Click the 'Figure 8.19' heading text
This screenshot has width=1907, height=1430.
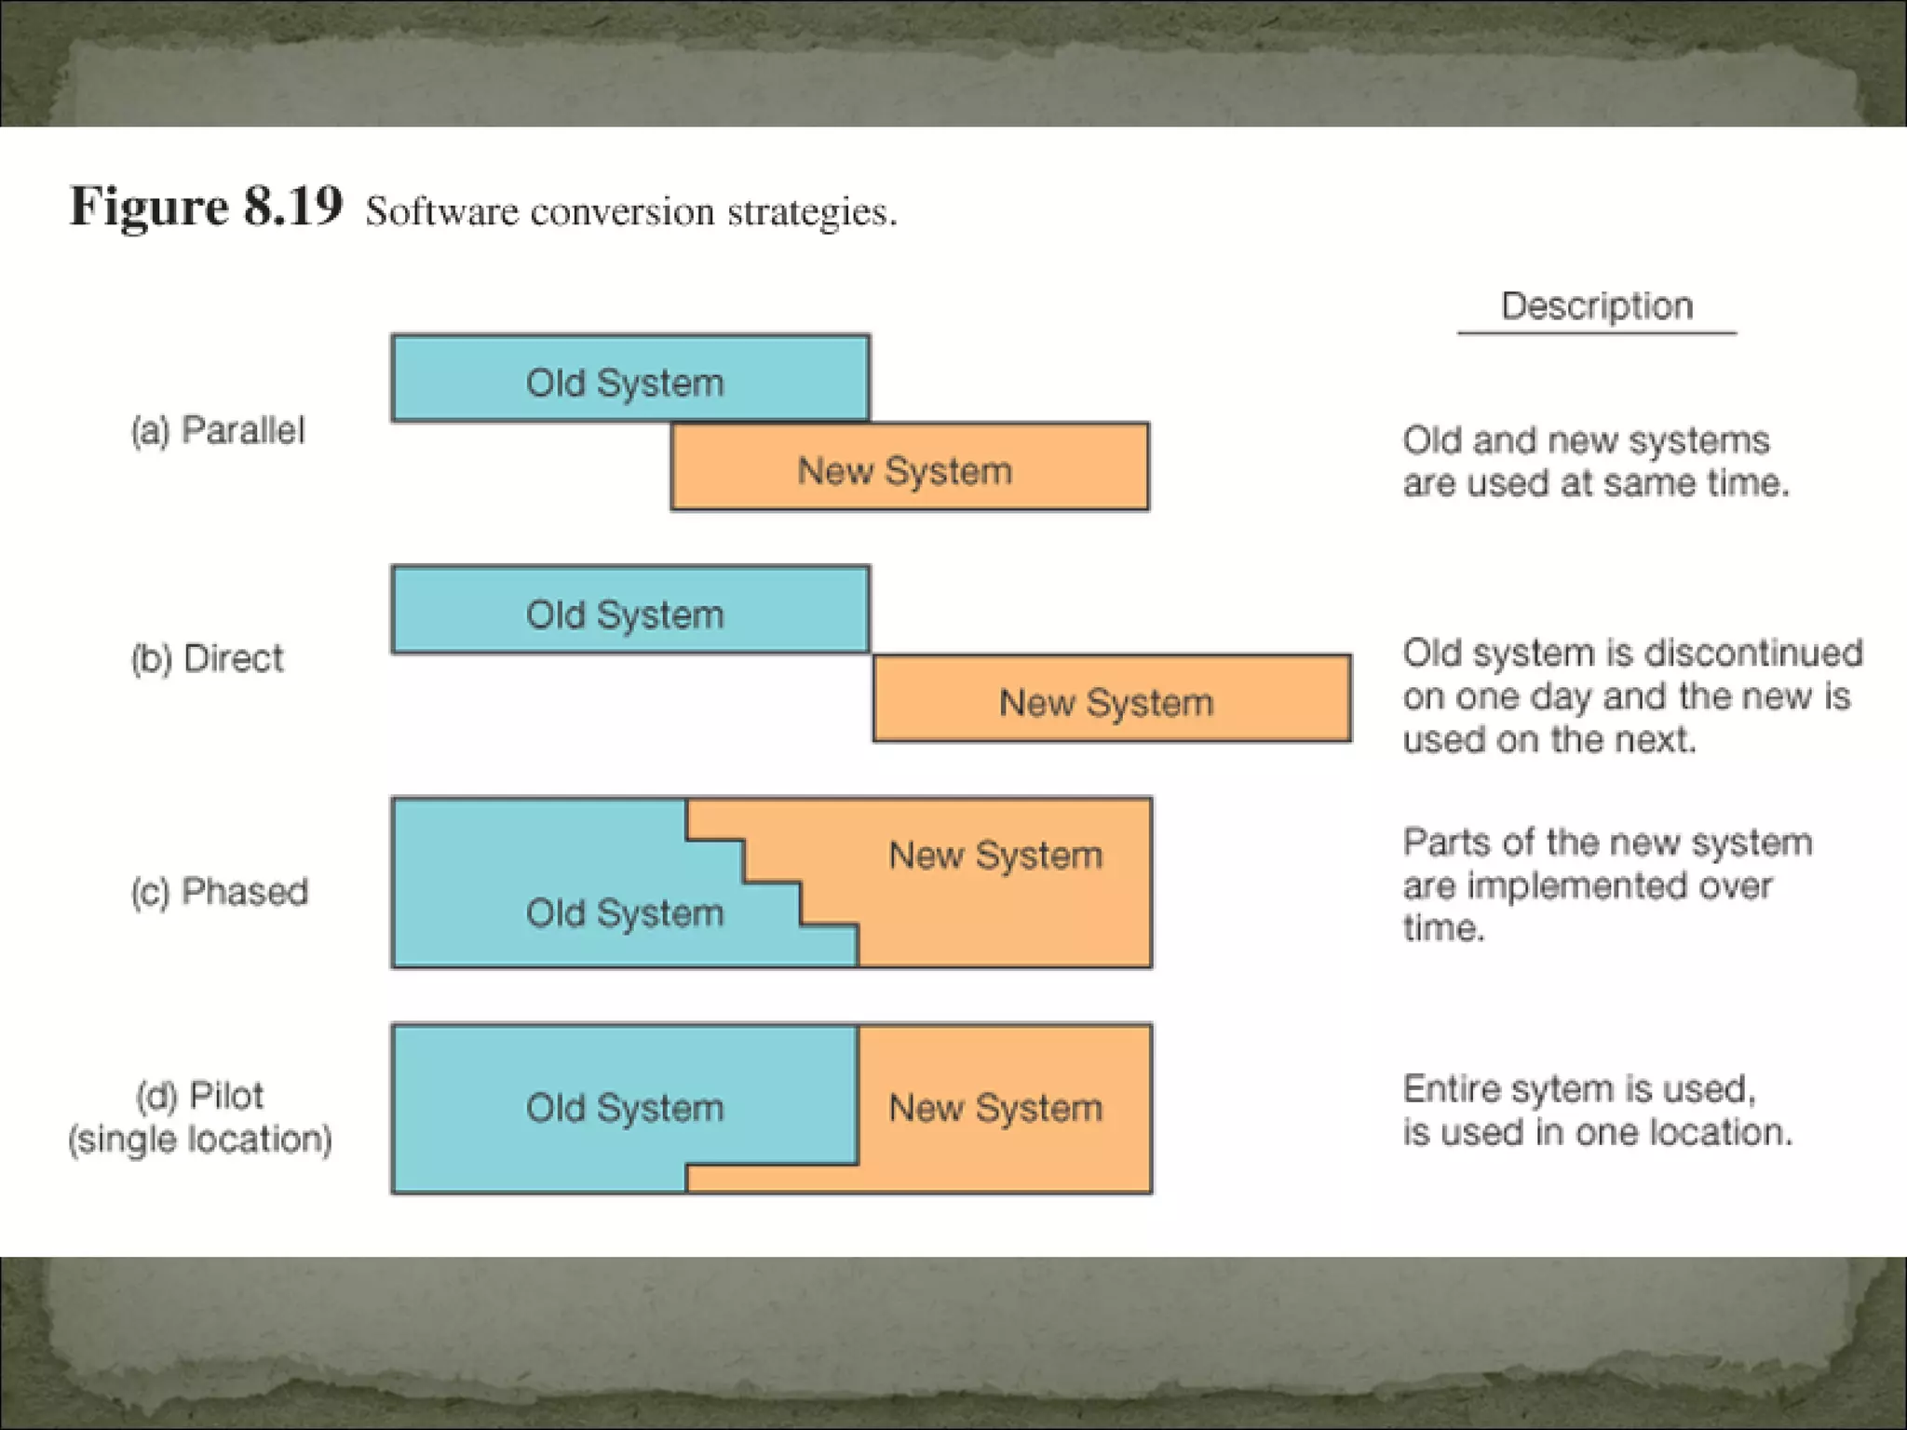pos(206,206)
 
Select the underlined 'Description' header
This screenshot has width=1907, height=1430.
pos(1596,306)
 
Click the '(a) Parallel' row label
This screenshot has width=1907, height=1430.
pos(218,430)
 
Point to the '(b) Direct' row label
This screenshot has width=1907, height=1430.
pos(207,658)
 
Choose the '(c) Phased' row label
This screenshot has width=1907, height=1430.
pos(220,891)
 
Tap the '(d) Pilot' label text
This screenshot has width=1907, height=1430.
pos(200,1095)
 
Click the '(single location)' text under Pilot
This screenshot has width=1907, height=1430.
pos(200,1139)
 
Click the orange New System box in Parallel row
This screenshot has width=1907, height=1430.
pos(910,468)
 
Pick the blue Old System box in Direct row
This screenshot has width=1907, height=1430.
pos(630,611)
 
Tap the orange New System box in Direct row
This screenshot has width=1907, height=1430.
pos(1112,700)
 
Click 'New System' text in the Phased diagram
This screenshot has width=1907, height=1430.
pos(995,855)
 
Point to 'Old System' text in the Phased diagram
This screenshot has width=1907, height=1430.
pos(625,912)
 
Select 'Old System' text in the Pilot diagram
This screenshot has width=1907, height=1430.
pos(625,1108)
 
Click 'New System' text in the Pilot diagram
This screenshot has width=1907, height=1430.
pos(995,1108)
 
